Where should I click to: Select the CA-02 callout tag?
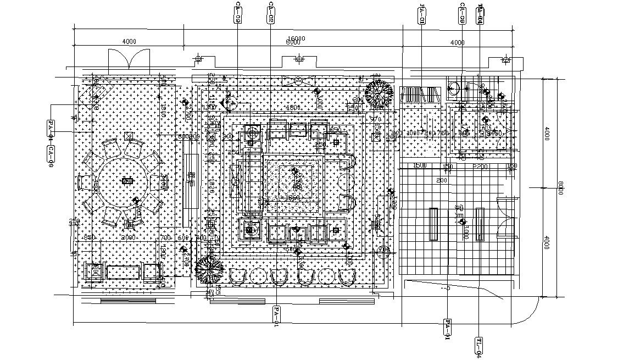[271, 13]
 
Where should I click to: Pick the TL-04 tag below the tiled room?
[480, 346]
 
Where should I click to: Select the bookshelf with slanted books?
[421, 94]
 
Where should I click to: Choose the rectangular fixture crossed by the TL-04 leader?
[480, 224]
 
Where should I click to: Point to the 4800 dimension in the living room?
[293, 108]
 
